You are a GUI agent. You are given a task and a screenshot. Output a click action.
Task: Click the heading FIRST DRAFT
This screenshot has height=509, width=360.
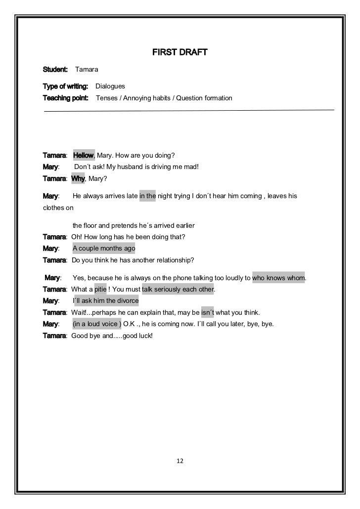click(x=179, y=52)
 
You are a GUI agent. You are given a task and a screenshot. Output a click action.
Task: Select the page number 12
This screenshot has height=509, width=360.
click(x=180, y=461)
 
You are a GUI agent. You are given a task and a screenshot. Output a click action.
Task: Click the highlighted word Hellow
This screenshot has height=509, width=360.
click(x=83, y=156)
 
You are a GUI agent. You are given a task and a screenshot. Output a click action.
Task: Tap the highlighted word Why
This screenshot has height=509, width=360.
click(x=78, y=178)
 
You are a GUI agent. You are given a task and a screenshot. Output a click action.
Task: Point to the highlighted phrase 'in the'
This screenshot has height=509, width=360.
click(x=147, y=196)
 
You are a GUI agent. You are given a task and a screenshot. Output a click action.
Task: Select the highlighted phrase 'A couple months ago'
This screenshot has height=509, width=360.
click(x=104, y=248)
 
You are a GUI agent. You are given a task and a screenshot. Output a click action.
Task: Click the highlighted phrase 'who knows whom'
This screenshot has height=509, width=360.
click(x=279, y=277)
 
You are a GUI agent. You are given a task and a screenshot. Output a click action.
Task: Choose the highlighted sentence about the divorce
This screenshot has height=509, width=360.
click(x=106, y=301)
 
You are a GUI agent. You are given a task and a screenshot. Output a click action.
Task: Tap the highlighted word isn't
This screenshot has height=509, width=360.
click(x=207, y=313)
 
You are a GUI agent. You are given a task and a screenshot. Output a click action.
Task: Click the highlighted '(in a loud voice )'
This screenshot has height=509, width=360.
click(x=97, y=324)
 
